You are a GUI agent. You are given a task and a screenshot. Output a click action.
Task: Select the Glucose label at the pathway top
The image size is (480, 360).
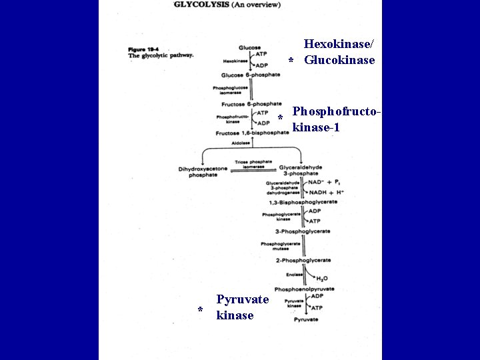pyautogui.click(x=249, y=47)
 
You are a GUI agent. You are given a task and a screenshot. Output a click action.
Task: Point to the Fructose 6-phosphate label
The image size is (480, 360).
pyautogui.click(x=251, y=104)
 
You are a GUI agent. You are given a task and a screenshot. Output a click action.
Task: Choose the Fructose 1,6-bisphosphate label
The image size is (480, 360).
pyautogui.click(x=252, y=133)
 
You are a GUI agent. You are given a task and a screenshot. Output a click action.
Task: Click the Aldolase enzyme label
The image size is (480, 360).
pyautogui.click(x=240, y=143)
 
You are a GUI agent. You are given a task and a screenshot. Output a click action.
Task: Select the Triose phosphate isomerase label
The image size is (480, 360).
pyautogui.click(x=253, y=164)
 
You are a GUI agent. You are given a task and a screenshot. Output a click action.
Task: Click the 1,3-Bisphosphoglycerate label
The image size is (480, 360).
pyautogui.click(x=303, y=202)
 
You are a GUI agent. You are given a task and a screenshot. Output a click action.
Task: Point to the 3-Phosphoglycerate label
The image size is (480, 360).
pyautogui.click(x=303, y=231)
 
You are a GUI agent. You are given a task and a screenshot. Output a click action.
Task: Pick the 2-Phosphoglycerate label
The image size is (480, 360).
pyautogui.click(x=303, y=260)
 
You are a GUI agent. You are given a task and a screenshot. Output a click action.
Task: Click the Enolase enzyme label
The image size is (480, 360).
pyautogui.click(x=294, y=274)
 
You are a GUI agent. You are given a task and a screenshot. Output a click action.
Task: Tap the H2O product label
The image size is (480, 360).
pyautogui.click(x=321, y=279)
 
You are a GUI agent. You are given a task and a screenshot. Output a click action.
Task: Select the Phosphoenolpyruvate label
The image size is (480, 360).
pyautogui.click(x=304, y=289)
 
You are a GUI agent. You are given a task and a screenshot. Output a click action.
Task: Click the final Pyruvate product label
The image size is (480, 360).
pyautogui.click(x=305, y=320)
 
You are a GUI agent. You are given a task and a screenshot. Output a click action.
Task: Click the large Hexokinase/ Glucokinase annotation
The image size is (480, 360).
pyautogui.click(x=339, y=52)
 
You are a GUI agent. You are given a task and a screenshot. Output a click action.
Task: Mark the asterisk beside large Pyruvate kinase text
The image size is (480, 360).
pyautogui.click(x=200, y=310)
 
